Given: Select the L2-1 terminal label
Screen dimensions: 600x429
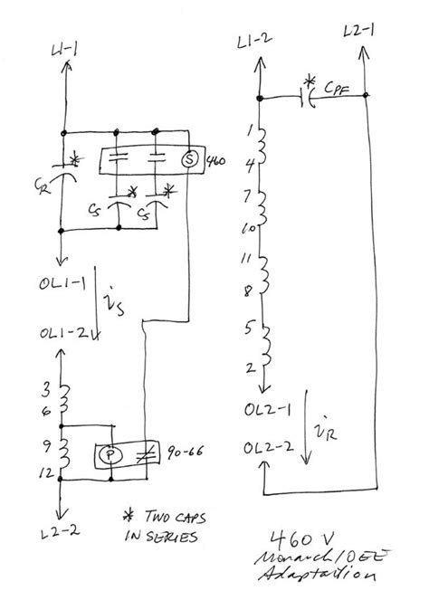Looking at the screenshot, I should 357,34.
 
